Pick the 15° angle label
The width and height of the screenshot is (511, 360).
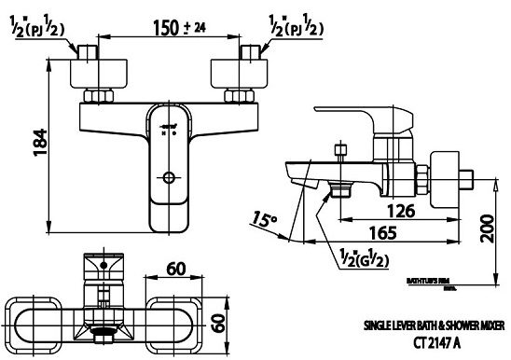tap(265, 221)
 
